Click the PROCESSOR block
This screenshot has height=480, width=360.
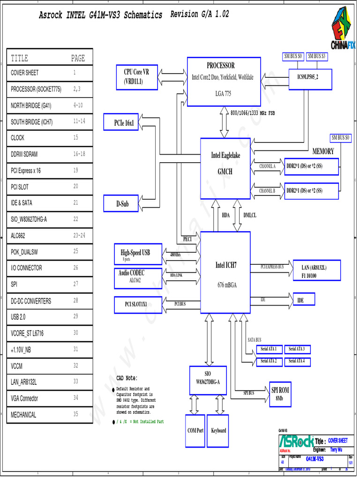point(224,82)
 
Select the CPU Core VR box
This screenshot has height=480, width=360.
point(136,77)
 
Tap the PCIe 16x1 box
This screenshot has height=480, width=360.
point(124,123)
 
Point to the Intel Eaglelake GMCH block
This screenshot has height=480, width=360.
point(225,167)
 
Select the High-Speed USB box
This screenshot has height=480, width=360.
point(138,254)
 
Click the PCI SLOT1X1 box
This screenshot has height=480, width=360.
point(138,304)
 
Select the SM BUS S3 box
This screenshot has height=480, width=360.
point(317,56)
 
